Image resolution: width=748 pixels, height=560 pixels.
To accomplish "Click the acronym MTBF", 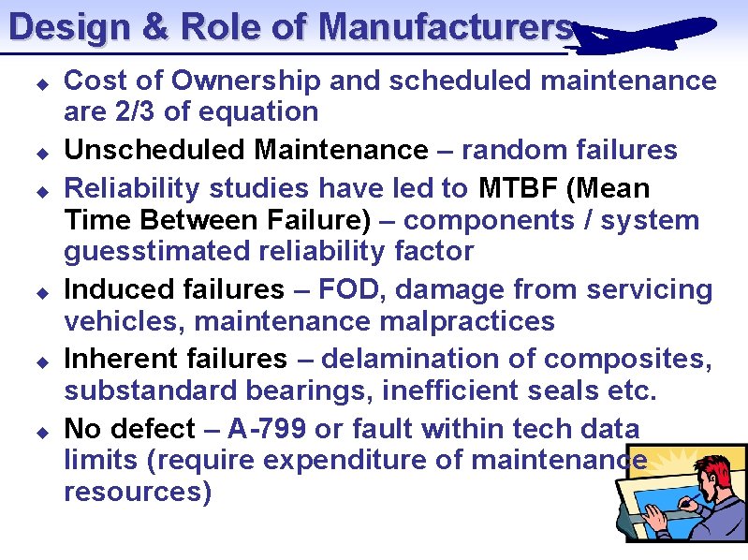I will pos(519,188).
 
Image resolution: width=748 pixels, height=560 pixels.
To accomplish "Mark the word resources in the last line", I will pos(137,492).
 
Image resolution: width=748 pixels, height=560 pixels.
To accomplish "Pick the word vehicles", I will pos(117,321).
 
